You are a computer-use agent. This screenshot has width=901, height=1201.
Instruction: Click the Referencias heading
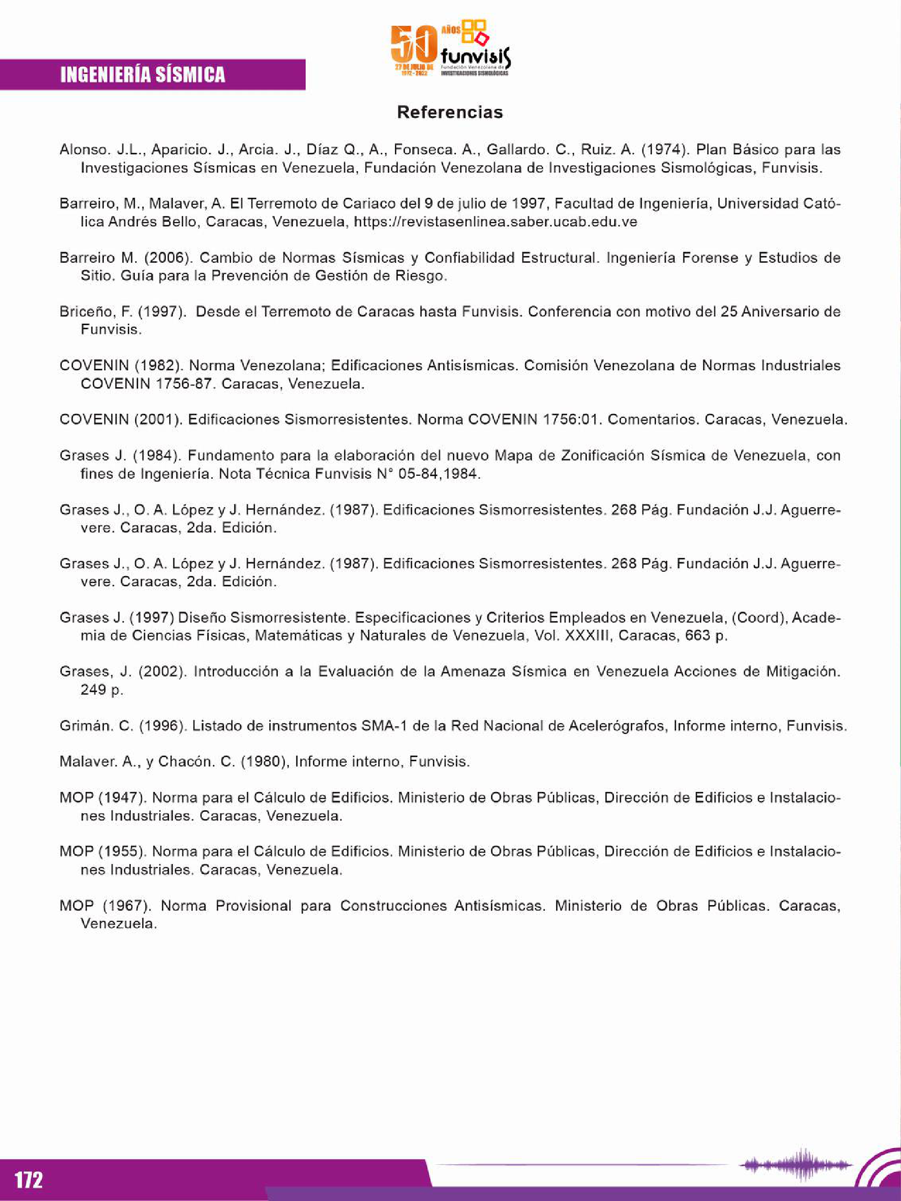(x=449, y=112)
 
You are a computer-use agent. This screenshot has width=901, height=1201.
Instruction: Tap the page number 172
(x=28, y=1179)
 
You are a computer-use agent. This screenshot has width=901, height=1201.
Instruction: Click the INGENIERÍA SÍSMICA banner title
(x=142, y=75)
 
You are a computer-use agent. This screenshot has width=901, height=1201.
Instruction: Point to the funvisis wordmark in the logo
(x=476, y=55)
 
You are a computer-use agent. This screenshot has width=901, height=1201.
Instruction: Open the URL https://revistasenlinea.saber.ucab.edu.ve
(x=495, y=222)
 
